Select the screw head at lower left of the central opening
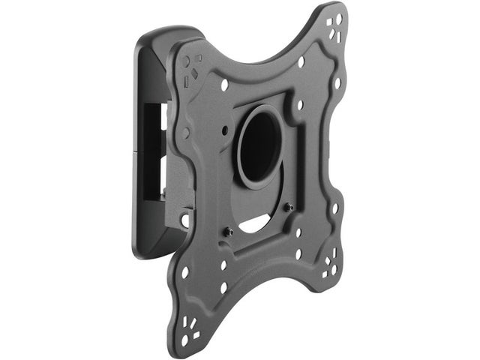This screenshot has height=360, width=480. coord(229,232)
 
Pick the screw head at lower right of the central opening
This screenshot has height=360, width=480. coord(286,207)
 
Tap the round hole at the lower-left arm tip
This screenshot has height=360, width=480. coord(184,339)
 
